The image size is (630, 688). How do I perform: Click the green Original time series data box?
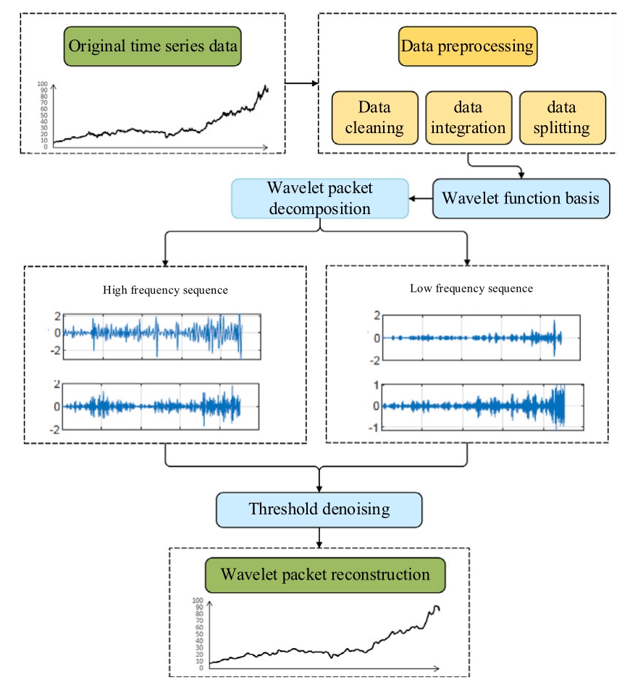[x=153, y=48]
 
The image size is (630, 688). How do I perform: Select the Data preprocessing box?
[x=467, y=47]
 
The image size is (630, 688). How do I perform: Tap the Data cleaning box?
[x=374, y=118]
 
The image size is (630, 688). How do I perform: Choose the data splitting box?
[x=563, y=118]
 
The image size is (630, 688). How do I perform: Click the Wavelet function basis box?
[x=521, y=198]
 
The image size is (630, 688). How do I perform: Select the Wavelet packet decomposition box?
[x=319, y=199]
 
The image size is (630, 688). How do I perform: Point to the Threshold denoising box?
[x=319, y=509]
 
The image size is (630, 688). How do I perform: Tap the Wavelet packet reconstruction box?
[x=325, y=576]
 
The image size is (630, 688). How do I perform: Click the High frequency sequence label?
[x=166, y=290]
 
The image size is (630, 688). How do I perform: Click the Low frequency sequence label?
[x=471, y=288]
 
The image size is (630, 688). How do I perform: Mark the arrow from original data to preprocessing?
[x=301, y=83]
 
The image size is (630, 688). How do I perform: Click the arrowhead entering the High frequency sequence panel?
[x=166, y=261]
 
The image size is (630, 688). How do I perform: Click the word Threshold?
[x=284, y=509]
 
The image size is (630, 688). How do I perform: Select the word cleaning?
[x=374, y=128]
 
